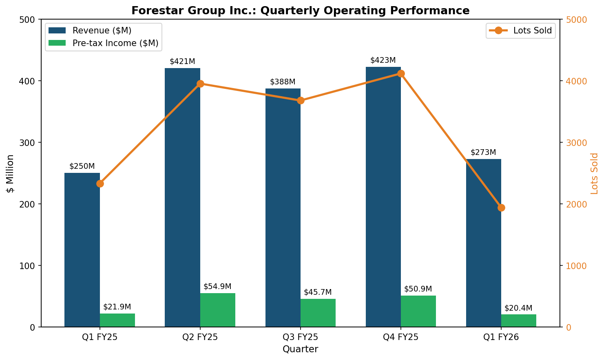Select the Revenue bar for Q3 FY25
(283, 208)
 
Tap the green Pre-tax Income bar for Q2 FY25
(217, 310)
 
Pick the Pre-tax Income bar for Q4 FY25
(418, 311)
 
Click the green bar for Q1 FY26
(518, 320)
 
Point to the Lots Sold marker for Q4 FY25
(400, 74)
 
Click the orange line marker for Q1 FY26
(501, 208)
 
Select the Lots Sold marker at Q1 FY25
(100, 183)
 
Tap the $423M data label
(383, 60)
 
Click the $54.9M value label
(217, 287)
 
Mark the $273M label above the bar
(483, 152)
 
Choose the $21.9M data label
(117, 307)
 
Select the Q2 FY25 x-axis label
(200, 337)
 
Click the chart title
(300, 11)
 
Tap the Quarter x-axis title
(300, 349)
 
